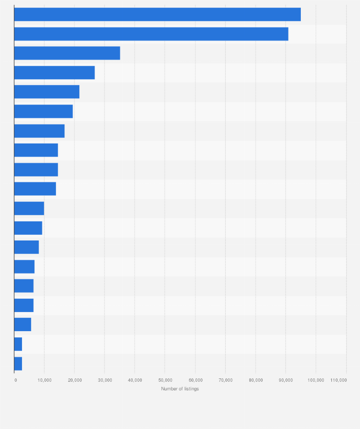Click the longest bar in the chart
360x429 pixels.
tap(158, 14)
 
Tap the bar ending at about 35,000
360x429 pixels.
tap(67, 53)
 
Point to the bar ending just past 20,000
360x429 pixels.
tap(47, 92)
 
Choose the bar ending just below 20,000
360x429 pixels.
tap(43, 111)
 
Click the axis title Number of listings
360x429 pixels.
tap(180, 389)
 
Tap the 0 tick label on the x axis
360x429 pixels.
tap(16, 380)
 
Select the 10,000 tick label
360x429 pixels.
tap(44, 380)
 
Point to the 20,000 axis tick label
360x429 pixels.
tap(74, 380)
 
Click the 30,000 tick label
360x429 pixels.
tap(105, 380)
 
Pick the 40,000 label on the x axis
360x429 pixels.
tap(135, 380)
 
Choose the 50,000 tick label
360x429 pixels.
tap(165, 380)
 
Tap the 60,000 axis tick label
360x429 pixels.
tap(195, 380)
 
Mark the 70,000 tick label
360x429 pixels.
tap(225, 380)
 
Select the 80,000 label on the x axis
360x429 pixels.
tap(255, 380)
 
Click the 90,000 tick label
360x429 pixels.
tap(286, 380)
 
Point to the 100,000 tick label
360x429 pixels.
tap(316, 380)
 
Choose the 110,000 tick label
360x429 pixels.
tap(338, 380)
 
